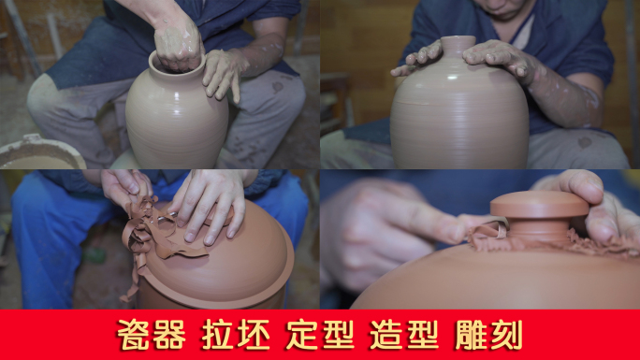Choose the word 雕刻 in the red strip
(x=489, y=334)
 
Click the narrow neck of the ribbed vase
(x=458, y=45)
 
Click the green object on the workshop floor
(x=94, y=253)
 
